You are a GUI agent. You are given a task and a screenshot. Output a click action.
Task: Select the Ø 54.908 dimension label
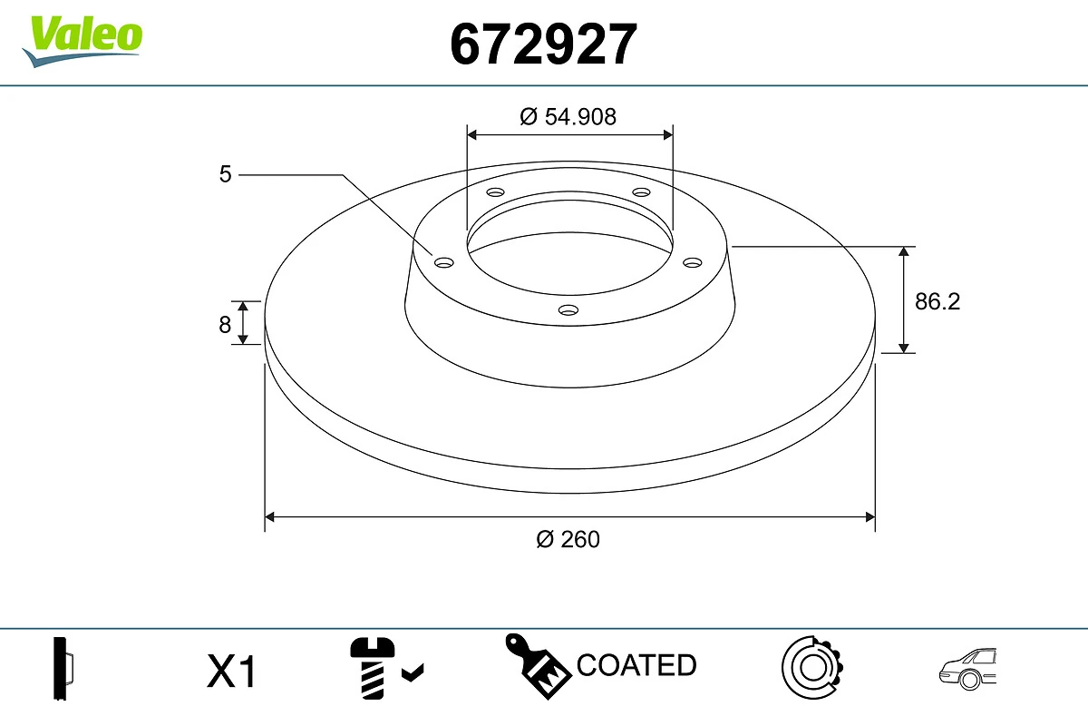point(568,116)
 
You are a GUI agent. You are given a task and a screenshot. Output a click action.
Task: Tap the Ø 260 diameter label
point(568,539)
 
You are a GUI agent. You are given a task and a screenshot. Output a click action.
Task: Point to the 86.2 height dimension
point(937,301)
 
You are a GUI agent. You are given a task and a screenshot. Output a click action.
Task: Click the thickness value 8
point(225,324)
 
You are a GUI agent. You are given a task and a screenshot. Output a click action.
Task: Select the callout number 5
point(226,173)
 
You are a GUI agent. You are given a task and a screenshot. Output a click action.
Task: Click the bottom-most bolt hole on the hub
point(568,310)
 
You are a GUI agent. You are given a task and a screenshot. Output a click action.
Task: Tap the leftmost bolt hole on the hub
point(443,262)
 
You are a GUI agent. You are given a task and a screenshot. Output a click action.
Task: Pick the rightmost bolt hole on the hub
point(693,262)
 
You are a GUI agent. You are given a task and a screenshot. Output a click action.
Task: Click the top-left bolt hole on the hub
point(495,192)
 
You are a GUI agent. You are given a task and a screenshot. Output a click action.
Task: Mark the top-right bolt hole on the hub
point(641,192)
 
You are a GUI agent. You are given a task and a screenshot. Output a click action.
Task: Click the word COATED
point(636,665)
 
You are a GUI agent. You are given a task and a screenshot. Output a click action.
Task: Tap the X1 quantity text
point(233,672)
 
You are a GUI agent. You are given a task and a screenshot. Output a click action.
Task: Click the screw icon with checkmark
point(384,670)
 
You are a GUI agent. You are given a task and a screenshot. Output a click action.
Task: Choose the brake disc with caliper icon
point(811,668)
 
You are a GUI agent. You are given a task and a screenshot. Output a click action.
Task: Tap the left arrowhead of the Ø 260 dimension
point(269,517)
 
